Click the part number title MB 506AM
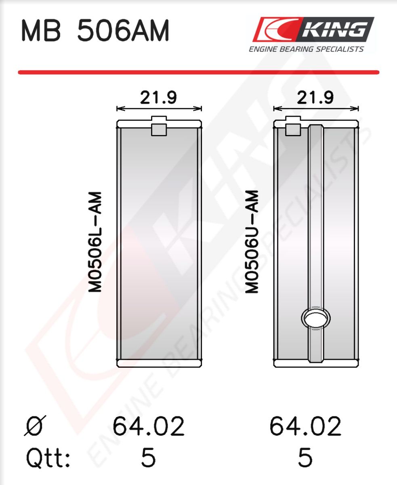pyautogui.click(x=95, y=30)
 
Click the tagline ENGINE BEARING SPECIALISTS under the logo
pyautogui.click(x=306, y=49)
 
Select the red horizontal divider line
pyautogui.click(x=199, y=72)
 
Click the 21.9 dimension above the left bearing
pyautogui.click(x=159, y=97)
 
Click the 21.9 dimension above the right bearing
pyautogui.click(x=315, y=97)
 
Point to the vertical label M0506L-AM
pyautogui.click(x=95, y=242)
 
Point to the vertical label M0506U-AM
pyautogui.click(x=252, y=242)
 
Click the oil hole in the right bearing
pyautogui.click(x=316, y=318)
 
